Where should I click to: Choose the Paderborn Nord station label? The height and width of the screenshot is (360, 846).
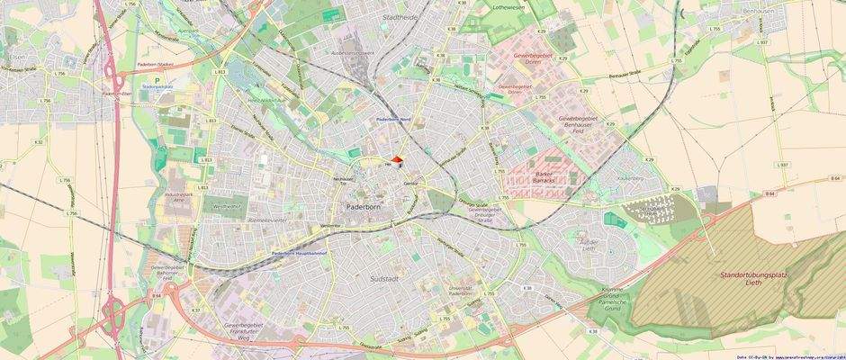[x=392, y=118]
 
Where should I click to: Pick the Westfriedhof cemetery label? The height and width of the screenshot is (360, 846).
[x=225, y=206]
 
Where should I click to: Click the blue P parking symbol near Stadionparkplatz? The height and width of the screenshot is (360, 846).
[x=156, y=81]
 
